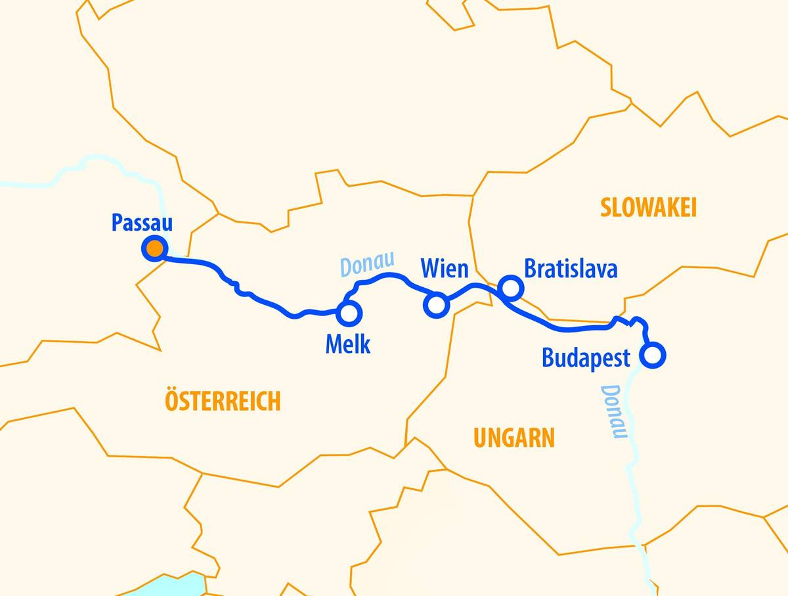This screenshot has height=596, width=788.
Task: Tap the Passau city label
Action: tap(142, 223)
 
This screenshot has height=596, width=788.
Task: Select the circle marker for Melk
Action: tap(348, 313)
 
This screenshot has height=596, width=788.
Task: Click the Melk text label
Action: tap(347, 344)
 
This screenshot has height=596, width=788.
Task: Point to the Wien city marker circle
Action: tap(437, 304)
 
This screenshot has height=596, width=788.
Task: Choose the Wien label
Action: tap(445, 269)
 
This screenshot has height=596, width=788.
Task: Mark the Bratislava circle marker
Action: tap(510, 287)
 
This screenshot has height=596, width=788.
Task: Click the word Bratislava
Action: tap(570, 269)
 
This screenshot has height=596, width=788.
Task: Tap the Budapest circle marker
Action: tap(653, 355)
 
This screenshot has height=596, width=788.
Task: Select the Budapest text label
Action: tap(586, 358)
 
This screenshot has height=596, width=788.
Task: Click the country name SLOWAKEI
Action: tap(647, 208)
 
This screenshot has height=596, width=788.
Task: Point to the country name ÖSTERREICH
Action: tap(223, 400)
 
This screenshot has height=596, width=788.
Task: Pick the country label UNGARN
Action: tap(514, 438)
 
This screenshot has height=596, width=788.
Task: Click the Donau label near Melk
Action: tap(366, 264)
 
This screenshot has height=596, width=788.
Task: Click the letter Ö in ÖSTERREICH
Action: tap(172, 400)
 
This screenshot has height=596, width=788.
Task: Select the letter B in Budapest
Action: tap(548, 358)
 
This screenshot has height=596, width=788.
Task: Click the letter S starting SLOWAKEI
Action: tap(605, 208)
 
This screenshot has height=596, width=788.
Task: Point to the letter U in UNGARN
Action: tap(480, 438)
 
